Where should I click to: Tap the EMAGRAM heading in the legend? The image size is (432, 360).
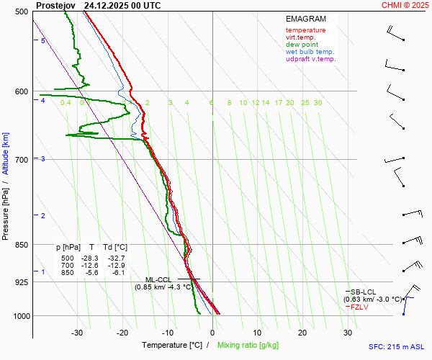(x=305, y=19)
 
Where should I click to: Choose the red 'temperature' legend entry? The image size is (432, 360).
(x=305, y=30)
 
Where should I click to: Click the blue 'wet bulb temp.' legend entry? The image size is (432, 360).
(x=310, y=52)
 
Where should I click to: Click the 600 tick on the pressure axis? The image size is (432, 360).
(x=21, y=91)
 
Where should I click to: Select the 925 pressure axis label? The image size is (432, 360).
(x=21, y=282)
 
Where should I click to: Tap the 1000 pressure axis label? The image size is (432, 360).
(x=19, y=316)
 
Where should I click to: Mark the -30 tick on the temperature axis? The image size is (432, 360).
(x=77, y=333)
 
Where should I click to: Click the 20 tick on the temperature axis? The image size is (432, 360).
(x=302, y=333)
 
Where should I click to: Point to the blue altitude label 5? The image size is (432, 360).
(x=43, y=41)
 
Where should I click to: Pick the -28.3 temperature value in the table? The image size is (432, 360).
(x=89, y=258)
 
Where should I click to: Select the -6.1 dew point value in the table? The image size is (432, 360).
(x=117, y=273)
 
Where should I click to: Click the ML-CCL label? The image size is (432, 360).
(x=159, y=279)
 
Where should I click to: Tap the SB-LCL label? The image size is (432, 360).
(x=361, y=292)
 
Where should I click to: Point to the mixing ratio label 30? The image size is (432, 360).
(x=318, y=103)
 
